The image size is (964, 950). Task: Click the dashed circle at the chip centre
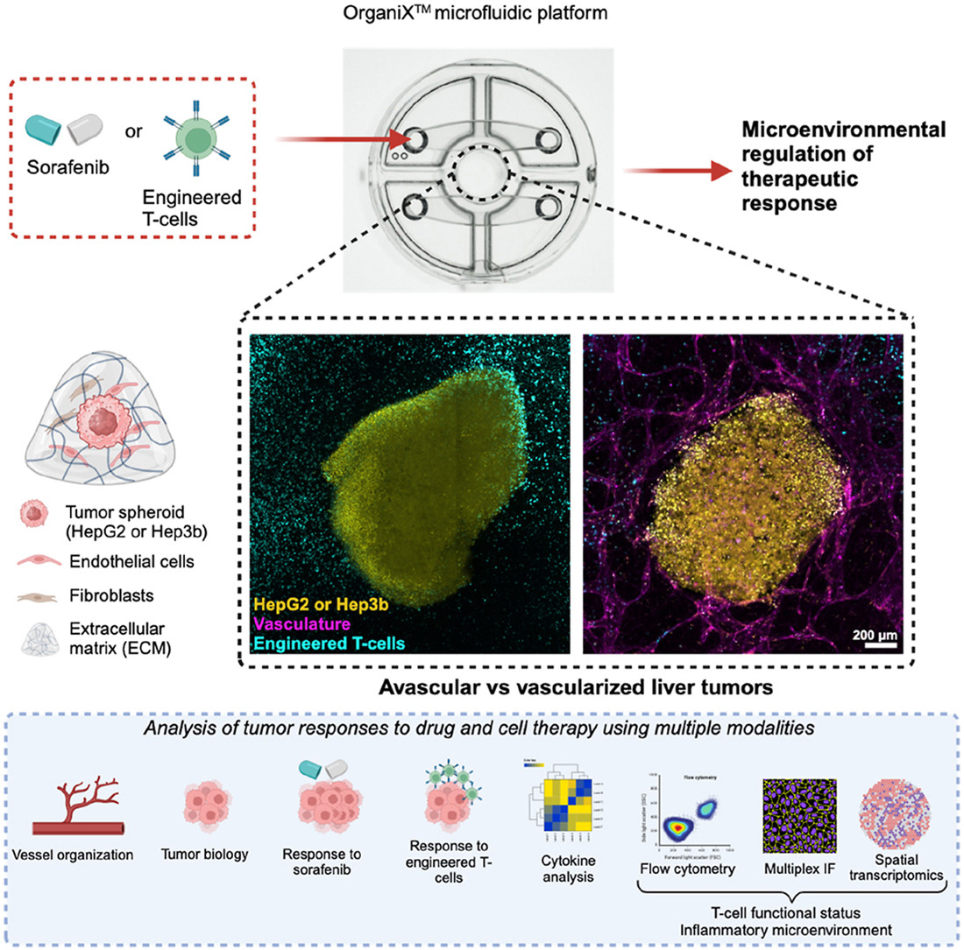tap(478, 173)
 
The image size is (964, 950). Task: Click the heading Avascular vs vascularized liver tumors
tap(576, 687)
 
